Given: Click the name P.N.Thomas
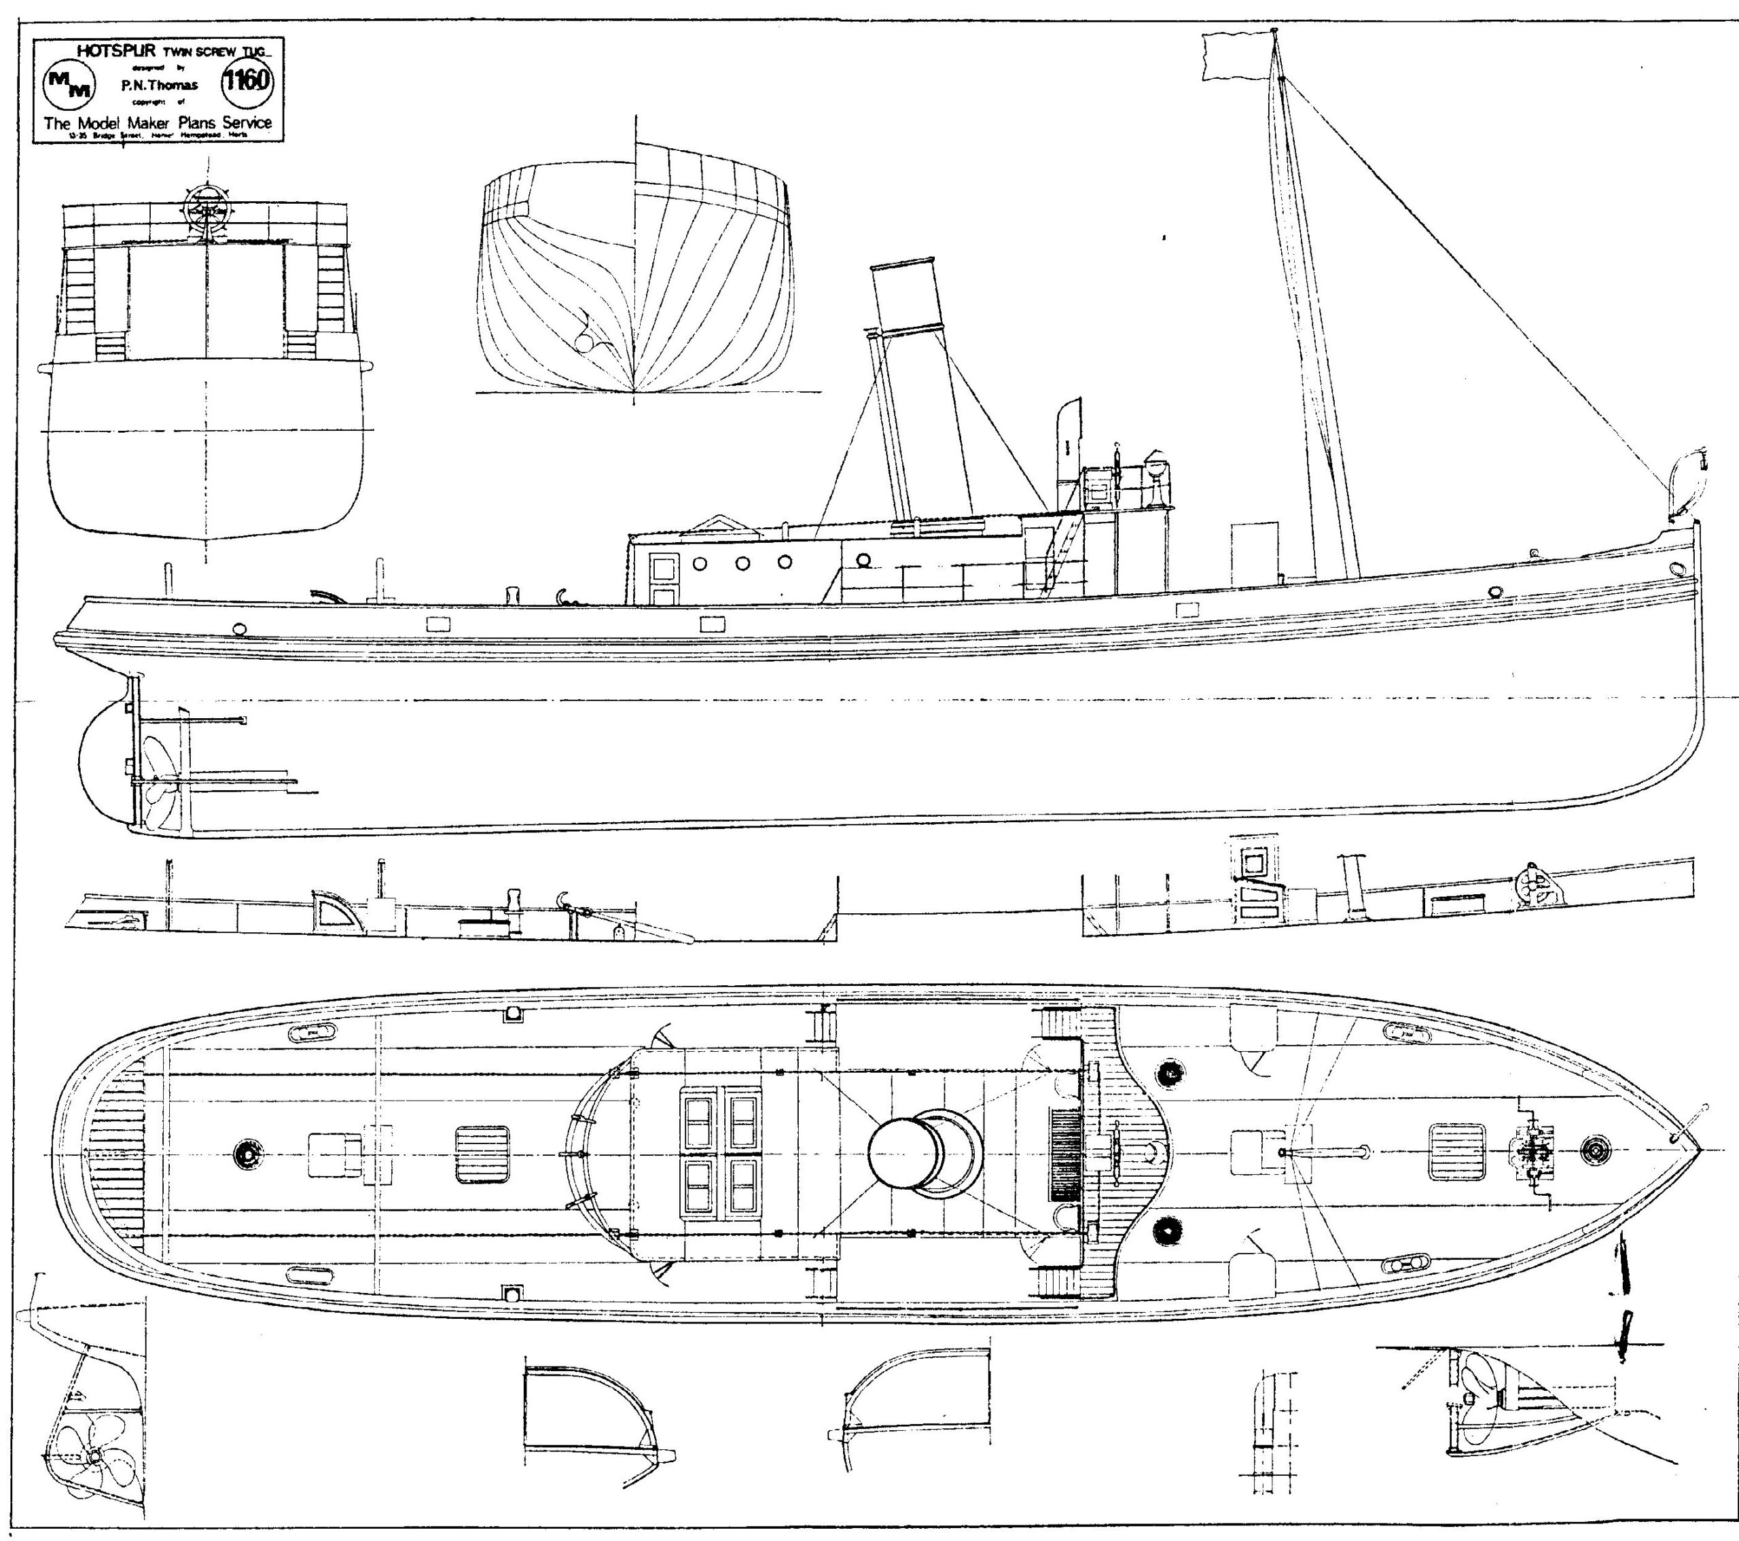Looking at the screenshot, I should [x=159, y=85].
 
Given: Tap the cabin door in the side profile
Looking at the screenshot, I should [x=663, y=578].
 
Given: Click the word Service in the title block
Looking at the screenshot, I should [x=247, y=122].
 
